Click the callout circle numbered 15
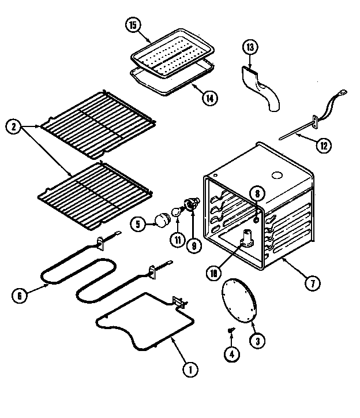click(133, 25)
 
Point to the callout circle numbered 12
click(324, 145)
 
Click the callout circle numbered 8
click(258, 195)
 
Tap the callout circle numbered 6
click(19, 294)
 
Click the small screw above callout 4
click(232, 329)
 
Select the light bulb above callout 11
click(177, 213)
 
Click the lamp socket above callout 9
click(190, 204)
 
